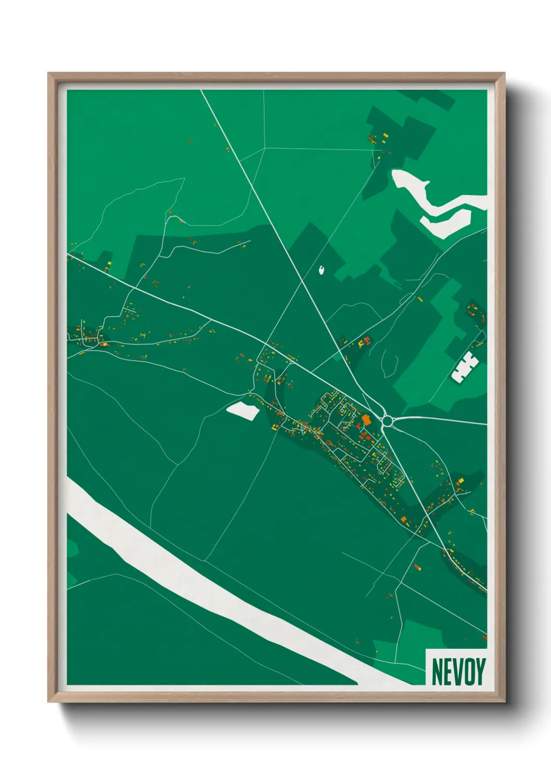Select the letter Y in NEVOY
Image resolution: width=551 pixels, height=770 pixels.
point(480,672)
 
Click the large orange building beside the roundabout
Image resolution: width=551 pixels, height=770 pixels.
point(366,420)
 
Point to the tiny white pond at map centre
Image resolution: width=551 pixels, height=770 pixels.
point(322,269)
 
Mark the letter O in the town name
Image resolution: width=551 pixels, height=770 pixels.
point(469,672)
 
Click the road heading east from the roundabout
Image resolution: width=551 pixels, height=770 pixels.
point(443,419)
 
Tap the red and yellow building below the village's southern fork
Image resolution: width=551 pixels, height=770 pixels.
point(417,567)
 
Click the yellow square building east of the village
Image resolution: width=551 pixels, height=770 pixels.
point(460,480)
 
